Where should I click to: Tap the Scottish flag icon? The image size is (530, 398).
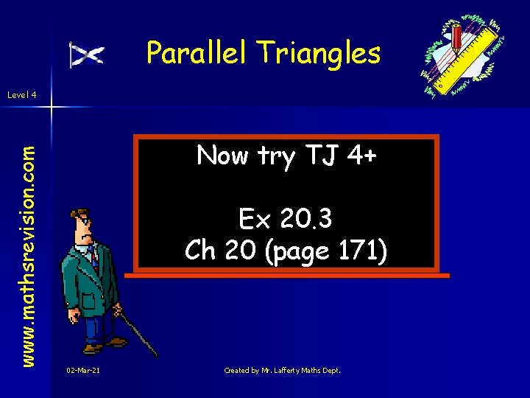86,55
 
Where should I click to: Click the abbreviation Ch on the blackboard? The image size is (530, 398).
199,251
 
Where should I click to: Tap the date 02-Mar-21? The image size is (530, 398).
82,371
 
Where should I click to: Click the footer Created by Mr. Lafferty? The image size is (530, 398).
282,371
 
